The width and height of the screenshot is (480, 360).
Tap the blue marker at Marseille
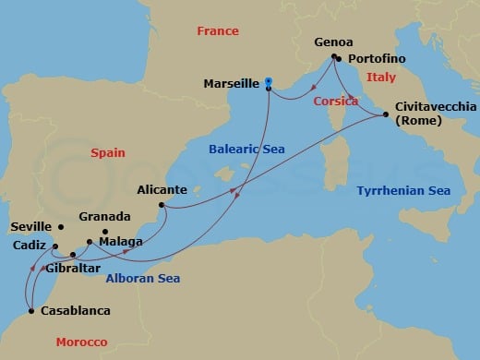269,81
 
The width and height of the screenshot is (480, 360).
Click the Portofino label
378,58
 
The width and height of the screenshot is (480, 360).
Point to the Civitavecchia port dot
385,114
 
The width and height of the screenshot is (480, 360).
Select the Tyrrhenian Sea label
403,191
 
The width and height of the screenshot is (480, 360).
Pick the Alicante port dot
162,205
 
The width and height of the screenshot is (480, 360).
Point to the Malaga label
119,242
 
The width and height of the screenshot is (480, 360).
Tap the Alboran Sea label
142,278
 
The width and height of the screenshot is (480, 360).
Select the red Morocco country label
81,341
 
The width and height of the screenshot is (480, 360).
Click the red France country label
218,31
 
